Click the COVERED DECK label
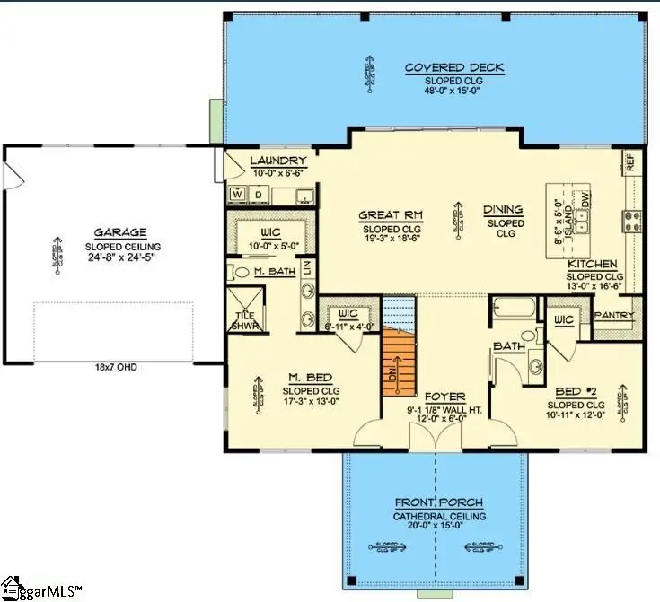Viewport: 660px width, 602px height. pyautogui.click(x=453, y=68)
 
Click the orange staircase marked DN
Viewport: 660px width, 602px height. pyautogui.click(x=401, y=361)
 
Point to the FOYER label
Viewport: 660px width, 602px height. pyautogui.click(x=444, y=396)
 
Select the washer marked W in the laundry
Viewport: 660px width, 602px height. pyautogui.click(x=238, y=194)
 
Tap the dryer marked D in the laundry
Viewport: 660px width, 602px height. pyautogui.click(x=257, y=194)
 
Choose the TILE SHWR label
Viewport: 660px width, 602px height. pyautogui.click(x=244, y=319)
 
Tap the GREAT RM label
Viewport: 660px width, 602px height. pyautogui.click(x=391, y=215)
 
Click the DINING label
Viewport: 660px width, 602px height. pyautogui.click(x=503, y=210)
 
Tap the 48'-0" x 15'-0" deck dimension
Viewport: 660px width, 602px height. pyautogui.click(x=453, y=91)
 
